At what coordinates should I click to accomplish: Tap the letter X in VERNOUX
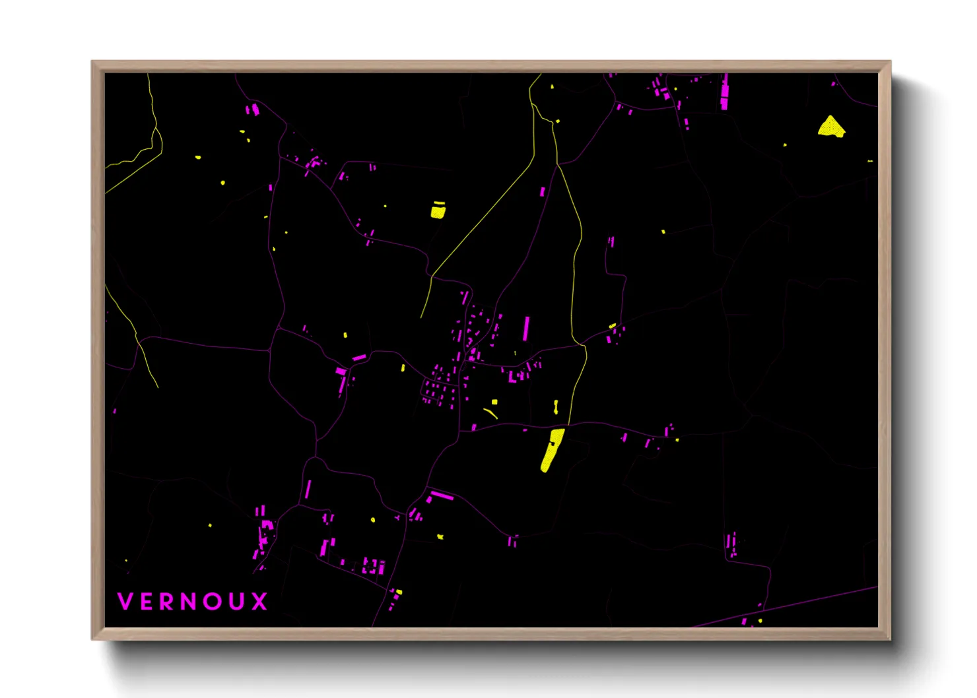pos(259,601)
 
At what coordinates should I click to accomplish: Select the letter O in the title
pos(212,601)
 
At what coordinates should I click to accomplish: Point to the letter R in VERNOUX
pos(167,601)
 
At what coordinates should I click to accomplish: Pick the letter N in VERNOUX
pos(189,601)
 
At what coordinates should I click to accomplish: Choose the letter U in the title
pos(236,601)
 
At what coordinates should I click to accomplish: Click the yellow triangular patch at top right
pos(830,126)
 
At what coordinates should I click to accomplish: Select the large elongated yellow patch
pos(552,449)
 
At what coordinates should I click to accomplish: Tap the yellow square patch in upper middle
pos(438,210)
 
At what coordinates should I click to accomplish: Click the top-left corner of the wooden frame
pos(92,62)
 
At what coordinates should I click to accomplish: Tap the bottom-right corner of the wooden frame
pos(890,639)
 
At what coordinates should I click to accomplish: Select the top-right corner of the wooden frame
pos(890,62)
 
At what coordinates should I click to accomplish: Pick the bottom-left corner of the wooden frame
pos(92,639)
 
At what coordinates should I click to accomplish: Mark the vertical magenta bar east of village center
pos(526,329)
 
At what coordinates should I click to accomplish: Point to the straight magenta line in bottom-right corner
pos(792,604)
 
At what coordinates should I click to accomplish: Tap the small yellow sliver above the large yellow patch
pos(556,406)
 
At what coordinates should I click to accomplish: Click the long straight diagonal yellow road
pos(482,218)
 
